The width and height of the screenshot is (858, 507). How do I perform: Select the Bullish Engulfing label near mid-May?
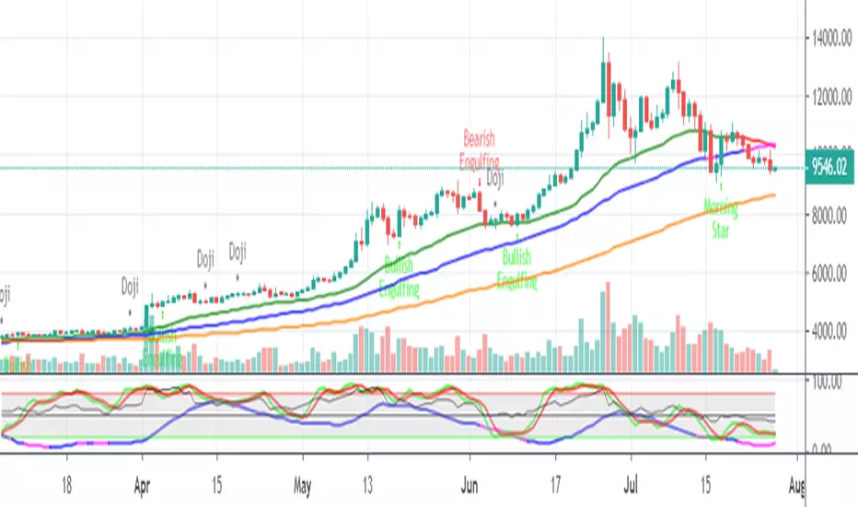400,277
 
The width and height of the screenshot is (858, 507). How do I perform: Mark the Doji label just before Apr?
131,287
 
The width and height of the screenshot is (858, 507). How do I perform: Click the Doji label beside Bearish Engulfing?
494,180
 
